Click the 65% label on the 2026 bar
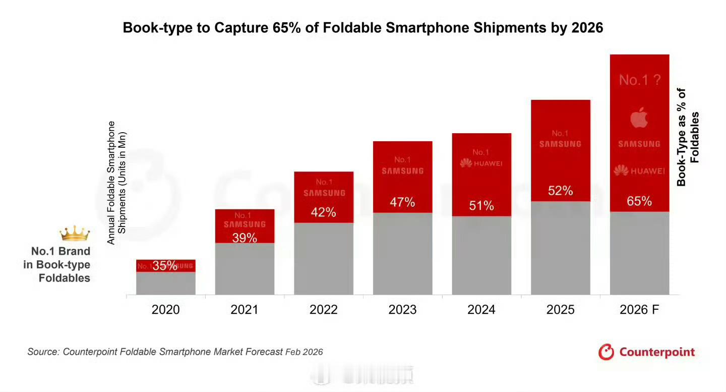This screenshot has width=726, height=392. click(639, 202)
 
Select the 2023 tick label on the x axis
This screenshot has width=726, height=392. click(402, 310)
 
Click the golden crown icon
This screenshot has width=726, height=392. click(75, 234)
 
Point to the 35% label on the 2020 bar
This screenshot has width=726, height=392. click(165, 266)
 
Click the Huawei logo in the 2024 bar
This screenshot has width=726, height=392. click(481, 163)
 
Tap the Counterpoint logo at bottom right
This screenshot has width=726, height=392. click(646, 352)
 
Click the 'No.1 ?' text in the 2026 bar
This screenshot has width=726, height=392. click(639, 80)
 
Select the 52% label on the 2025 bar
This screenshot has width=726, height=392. click(560, 191)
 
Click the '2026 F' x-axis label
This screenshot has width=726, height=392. click(639, 310)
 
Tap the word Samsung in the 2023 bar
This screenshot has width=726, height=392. click(402, 171)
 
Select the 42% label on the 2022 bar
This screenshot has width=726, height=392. click(323, 212)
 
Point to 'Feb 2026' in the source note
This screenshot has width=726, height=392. click(304, 352)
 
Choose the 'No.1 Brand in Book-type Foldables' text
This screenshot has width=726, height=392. click(57, 265)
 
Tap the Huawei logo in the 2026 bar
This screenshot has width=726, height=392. click(639, 172)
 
